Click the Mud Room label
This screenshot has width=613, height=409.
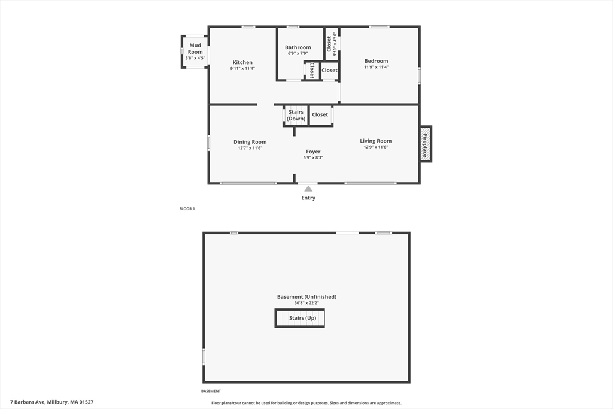195,49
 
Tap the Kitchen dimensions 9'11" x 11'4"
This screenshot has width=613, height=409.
242,68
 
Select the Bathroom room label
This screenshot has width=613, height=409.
298,47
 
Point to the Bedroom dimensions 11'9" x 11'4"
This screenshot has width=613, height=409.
376,67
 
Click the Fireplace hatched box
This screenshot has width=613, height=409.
426,144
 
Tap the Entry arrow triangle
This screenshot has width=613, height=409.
308,189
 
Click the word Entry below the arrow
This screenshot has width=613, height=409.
308,198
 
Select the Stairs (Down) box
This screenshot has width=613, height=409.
296,116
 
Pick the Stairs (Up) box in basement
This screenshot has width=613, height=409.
300,318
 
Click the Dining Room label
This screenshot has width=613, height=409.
250,142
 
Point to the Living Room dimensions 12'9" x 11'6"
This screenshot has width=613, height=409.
376,147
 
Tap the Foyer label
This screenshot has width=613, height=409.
313,152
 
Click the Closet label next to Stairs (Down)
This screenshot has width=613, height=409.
320,114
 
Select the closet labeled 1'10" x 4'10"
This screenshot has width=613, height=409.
332,44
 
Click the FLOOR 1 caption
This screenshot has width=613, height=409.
187,209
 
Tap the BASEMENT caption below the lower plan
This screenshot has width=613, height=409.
211,391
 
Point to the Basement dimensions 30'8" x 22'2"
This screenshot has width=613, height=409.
307,303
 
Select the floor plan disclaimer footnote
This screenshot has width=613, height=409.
306,403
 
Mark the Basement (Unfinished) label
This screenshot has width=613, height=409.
307,297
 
